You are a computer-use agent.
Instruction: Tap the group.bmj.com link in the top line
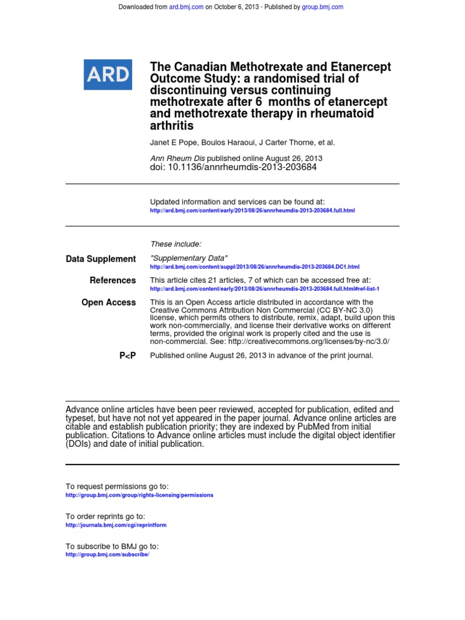coord(322,7)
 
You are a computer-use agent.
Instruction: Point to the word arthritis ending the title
coord(171,126)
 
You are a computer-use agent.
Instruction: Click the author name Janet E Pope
coord(173,143)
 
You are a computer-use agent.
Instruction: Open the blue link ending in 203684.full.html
coord(252,211)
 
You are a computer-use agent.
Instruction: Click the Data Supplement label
coord(101,259)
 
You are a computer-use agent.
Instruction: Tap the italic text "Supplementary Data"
coord(188,259)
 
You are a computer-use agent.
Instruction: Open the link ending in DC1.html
coord(254,267)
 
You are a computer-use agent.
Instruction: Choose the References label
coord(113,280)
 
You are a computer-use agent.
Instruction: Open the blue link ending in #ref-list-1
coord(264,289)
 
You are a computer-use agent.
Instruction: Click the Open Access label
coord(108,303)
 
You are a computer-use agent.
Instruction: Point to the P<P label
coord(127,356)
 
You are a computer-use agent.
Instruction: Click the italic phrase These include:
coord(176,244)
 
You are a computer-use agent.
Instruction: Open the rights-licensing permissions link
coord(139,495)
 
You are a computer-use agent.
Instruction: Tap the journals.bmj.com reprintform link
coord(116,525)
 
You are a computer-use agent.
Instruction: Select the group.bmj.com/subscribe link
coord(107,555)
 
